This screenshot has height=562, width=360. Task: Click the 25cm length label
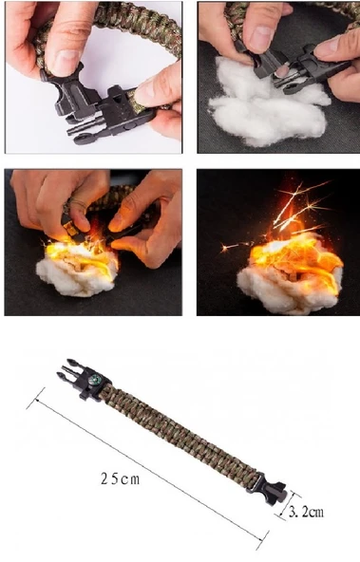tap(120, 478)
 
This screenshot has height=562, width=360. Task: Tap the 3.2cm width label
tap(306, 512)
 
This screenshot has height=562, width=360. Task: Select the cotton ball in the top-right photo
tap(267, 103)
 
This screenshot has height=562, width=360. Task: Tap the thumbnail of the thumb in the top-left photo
tap(68, 59)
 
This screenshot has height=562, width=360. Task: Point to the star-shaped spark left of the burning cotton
tap(226, 248)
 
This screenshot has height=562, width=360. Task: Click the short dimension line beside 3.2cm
tap(290, 504)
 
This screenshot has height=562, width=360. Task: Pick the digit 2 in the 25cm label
tap(104, 478)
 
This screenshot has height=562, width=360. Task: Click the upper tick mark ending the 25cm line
tap(36, 398)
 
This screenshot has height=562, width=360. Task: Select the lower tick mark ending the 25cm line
tap(262, 540)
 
